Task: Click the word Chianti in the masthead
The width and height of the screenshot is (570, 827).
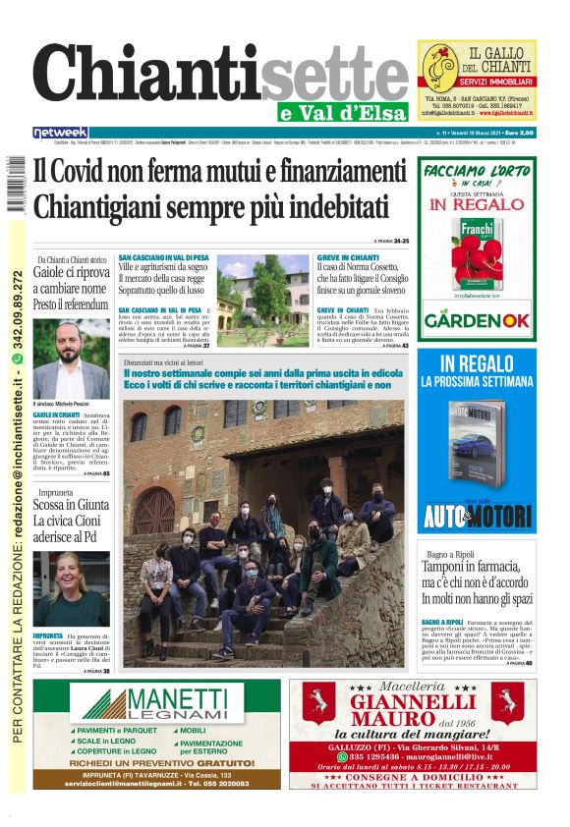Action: [x=147, y=77]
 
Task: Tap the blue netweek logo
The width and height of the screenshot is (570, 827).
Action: [x=60, y=133]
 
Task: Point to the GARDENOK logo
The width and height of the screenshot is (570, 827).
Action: [x=478, y=319]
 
